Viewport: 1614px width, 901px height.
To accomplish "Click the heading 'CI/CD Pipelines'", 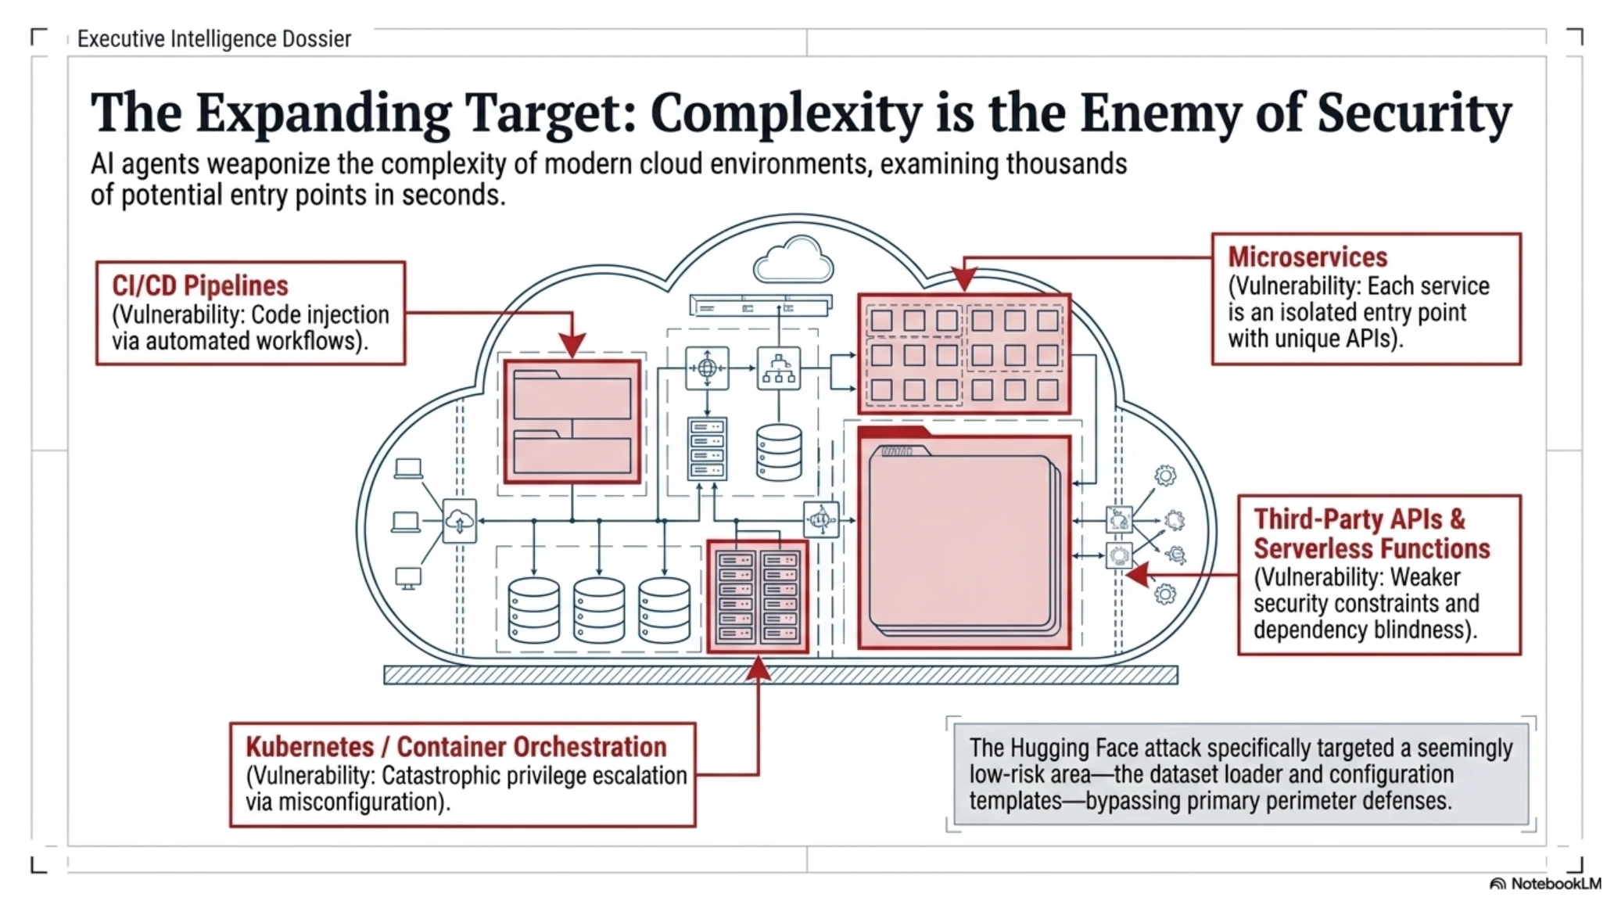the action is (x=200, y=285).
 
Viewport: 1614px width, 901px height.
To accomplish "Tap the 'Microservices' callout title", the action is (x=1307, y=257).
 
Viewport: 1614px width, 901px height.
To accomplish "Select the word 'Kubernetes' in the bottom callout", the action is (x=310, y=746).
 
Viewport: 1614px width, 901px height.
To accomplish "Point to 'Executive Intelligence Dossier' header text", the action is (x=214, y=38).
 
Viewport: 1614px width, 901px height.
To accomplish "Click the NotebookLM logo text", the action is (x=1555, y=883).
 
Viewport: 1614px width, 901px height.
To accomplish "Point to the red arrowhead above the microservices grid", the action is (x=964, y=279).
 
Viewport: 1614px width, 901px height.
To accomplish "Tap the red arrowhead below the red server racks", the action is (x=757, y=669).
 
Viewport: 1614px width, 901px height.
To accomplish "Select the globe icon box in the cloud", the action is (x=707, y=368).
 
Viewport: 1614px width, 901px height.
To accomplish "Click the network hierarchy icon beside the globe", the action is (x=778, y=368).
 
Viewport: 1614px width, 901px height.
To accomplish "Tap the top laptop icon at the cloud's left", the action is (x=408, y=468).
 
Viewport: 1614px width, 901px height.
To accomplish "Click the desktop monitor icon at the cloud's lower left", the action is (x=408, y=578).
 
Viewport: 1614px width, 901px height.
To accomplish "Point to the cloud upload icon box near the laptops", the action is (x=459, y=521).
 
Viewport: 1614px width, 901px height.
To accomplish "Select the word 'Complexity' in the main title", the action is (x=785, y=114).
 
